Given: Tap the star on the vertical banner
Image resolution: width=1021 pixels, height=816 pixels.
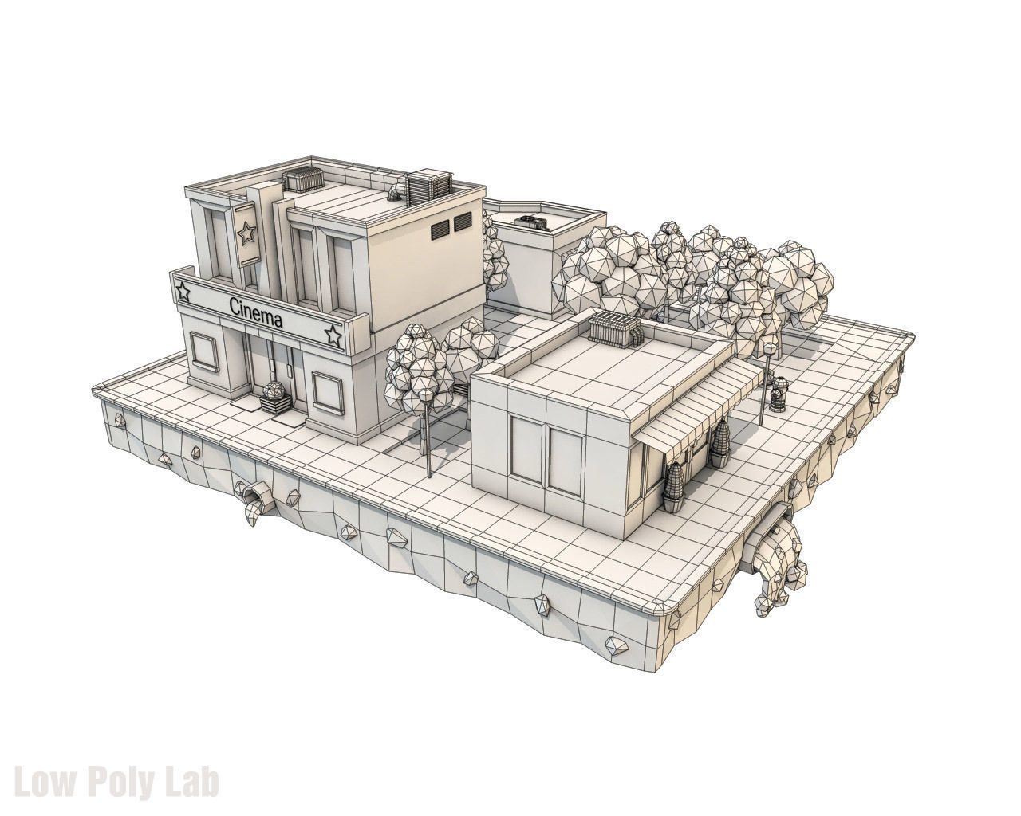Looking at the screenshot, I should [246, 233].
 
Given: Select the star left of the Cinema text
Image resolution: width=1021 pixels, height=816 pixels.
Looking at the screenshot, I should [184, 292].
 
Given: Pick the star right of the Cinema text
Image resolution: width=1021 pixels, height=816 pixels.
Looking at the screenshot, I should [333, 335].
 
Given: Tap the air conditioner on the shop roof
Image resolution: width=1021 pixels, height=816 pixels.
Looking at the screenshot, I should [616, 328].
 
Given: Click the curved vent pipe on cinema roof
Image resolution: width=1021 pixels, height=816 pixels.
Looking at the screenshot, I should [395, 190].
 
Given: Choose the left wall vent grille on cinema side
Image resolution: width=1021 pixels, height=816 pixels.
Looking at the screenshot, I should [440, 229].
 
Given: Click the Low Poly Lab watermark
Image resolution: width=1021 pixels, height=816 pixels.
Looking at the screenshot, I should [117, 782].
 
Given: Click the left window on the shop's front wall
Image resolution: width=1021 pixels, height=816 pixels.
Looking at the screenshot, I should [525, 448].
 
